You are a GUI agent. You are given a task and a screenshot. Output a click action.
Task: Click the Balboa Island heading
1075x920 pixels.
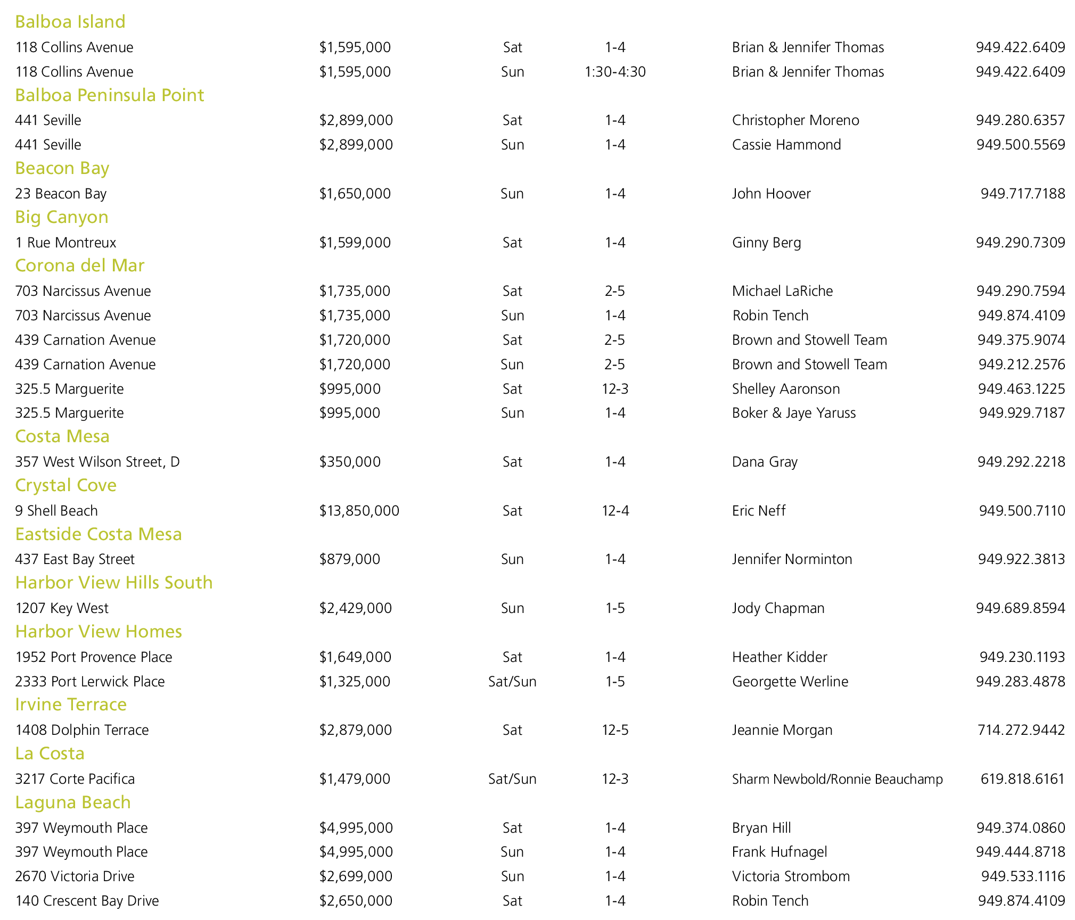click(70, 22)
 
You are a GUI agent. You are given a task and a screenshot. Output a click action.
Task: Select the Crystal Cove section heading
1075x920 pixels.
click(65, 485)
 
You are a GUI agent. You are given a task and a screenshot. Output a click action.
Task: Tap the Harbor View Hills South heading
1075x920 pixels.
click(114, 583)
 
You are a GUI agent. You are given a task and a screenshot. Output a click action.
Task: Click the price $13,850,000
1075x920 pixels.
click(359, 511)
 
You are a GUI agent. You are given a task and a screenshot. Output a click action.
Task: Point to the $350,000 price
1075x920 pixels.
click(350, 462)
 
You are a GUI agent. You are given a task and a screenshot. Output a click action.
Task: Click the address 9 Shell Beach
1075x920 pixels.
click(56, 511)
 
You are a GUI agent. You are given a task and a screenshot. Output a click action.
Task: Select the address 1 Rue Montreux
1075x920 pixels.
click(65, 243)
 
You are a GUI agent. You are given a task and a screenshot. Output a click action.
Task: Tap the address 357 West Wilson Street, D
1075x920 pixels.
click(97, 462)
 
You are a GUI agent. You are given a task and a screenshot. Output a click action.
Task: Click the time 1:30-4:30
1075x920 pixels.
click(615, 72)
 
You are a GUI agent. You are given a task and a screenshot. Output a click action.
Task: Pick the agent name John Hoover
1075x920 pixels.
click(771, 194)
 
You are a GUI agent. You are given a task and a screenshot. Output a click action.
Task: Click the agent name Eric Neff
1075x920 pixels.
click(759, 511)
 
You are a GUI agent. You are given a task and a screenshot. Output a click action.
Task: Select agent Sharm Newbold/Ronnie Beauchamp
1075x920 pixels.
click(837, 779)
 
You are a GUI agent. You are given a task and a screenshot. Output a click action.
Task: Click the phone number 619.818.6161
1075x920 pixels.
click(1022, 779)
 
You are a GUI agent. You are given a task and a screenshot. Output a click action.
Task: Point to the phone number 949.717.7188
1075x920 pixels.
click(1023, 194)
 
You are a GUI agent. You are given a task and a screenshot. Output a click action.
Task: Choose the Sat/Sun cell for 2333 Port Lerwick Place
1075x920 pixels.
click(512, 682)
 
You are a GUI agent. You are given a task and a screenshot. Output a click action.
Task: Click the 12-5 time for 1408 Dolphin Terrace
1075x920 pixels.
click(615, 730)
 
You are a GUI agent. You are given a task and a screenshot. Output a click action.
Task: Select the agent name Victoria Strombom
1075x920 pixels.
click(791, 876)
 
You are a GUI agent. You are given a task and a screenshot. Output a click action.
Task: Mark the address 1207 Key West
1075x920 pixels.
click(62, 608)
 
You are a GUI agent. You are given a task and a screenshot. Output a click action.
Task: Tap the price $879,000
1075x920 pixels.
click(350, 559)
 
